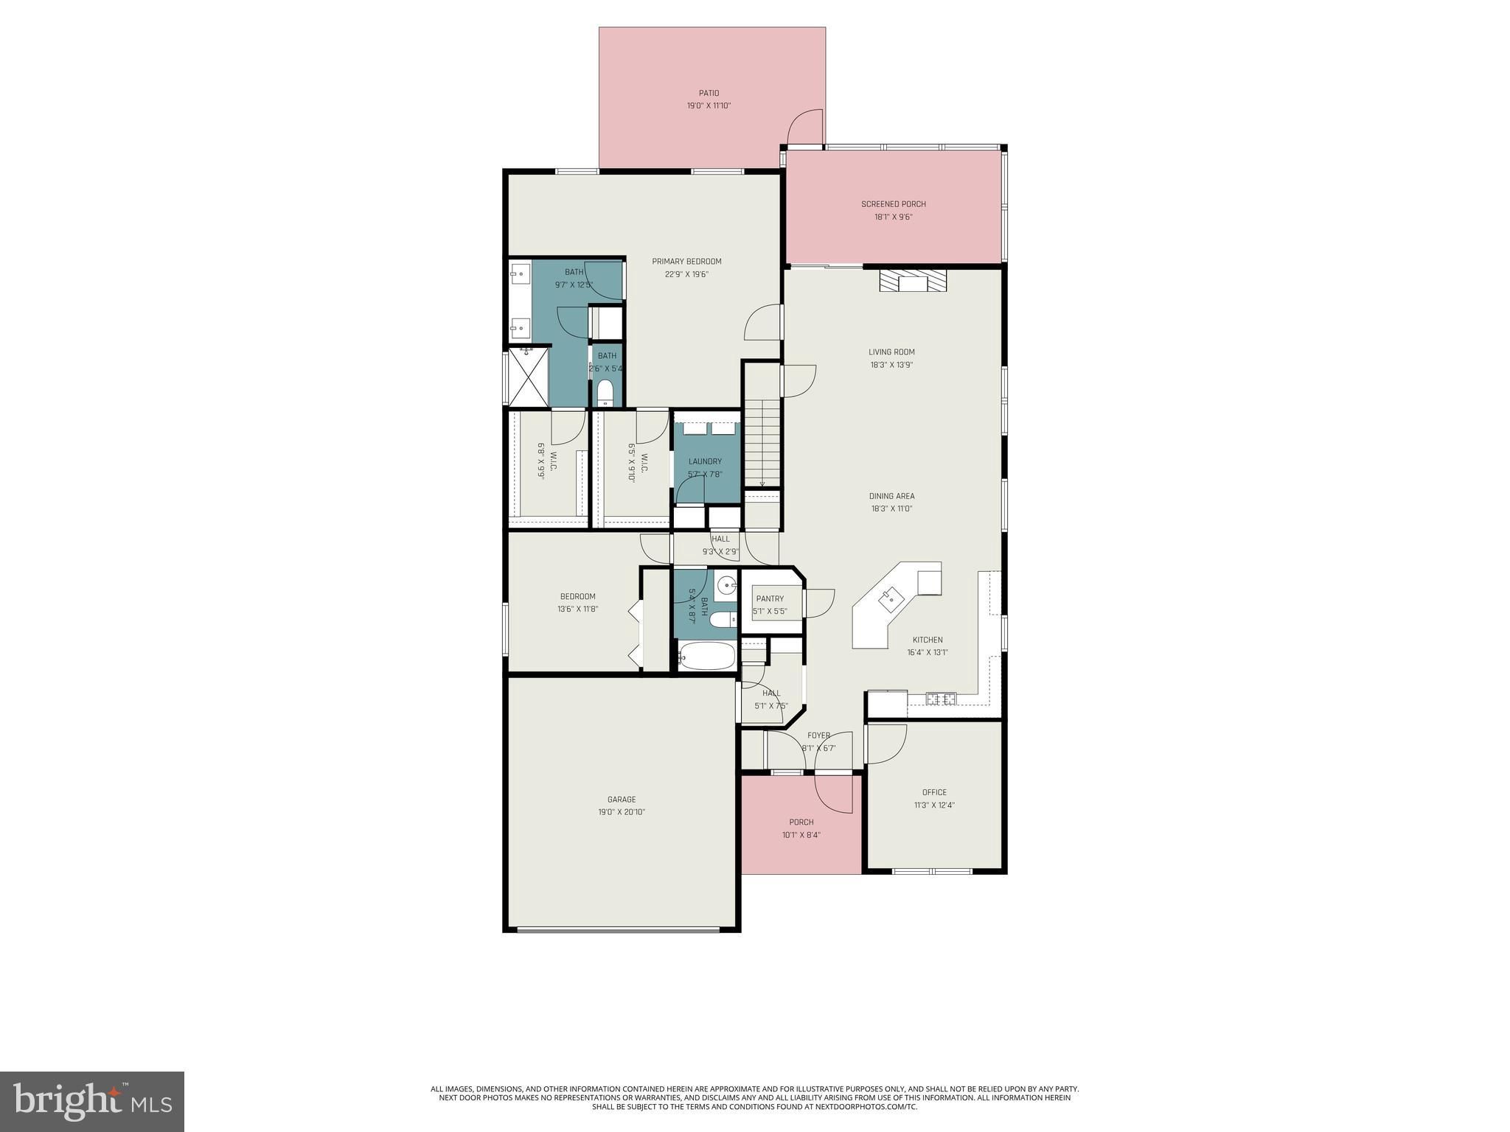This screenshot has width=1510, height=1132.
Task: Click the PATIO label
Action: [709, 94]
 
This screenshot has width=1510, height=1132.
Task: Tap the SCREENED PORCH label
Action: [894, 204]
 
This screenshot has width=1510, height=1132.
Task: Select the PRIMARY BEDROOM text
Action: [686, 262]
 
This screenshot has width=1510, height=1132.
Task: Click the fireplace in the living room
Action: [913, 281]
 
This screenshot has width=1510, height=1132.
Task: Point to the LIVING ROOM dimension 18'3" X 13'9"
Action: [891, 365]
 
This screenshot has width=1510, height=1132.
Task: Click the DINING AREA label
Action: [891, 496]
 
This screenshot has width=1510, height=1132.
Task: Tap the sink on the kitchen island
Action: [891, 596]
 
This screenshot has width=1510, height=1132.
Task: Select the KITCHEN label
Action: [928, 640]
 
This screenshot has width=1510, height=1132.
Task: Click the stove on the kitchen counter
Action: [942, 699]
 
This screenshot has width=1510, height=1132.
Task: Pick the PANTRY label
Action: [770, 598]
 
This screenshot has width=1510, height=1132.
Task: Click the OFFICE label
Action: [934, 792]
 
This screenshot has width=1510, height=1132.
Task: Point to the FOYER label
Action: [818, 736]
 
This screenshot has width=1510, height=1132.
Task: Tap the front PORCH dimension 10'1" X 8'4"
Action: [801, 835]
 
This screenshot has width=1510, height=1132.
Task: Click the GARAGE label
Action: [622, 800]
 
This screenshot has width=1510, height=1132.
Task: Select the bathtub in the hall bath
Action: [707, 656]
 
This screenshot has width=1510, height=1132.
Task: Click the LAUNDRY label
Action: [705, 461]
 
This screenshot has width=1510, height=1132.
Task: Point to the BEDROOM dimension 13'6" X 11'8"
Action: [577, 609]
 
